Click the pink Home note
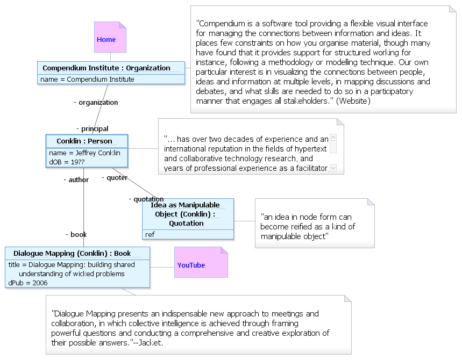[x=110, y=37]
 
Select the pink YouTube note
[x=201, y=262]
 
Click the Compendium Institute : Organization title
[x=106, y=68]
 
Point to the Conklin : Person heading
[x=84, y=141]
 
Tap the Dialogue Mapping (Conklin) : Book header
[x=72, y=254]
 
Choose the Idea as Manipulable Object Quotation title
[x=186, y=214]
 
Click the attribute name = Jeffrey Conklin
[x=84, y=153]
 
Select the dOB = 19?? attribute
[x=67, y=162]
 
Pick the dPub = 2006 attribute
[x=27, y=283]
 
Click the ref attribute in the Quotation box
[x=150, y=235]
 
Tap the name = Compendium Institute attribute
[x=87, y=80]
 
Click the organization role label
[x=96, y=103]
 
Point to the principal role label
[x=93, y=128]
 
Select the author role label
[x=76, y=180]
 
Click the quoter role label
[x=115, y=178]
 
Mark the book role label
[x=76, y=235]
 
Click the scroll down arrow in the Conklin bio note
[x=333, y=168]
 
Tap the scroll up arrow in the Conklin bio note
[x=333, y=138]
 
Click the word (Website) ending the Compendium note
[x=353, y=101]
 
